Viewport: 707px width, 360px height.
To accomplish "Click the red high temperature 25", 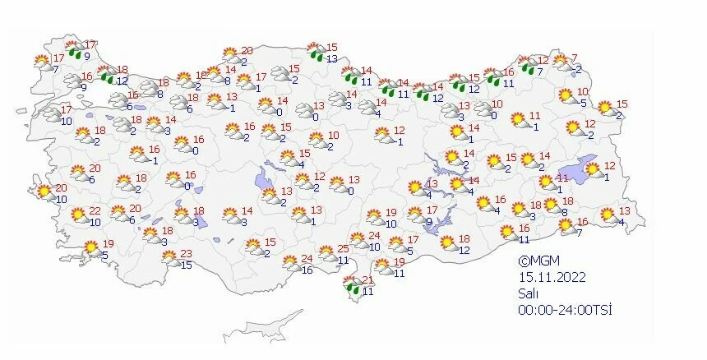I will click(344, 248).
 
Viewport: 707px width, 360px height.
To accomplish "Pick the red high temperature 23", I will click(186, 253).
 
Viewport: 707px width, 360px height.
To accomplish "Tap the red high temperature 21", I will click(367, 280).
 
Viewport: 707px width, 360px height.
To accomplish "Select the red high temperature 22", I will click(95, 211).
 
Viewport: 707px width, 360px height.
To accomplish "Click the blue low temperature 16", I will click(307, 270).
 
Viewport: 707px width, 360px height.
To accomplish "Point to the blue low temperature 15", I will click(187, 265).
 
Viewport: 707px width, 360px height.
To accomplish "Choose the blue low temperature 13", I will click(332, 58).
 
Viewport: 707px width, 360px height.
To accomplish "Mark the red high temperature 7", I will click(575, 58).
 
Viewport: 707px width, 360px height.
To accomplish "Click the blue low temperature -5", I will click(583, 103).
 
